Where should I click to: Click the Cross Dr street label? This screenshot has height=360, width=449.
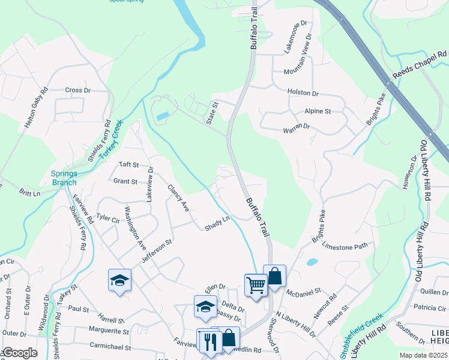coord(77,91)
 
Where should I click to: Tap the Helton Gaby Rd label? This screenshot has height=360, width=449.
coord(36,109)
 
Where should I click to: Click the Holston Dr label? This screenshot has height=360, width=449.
coord(303,94)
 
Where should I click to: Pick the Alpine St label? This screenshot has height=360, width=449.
coord(318,112)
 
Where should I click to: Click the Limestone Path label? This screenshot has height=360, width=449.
coord(345,246)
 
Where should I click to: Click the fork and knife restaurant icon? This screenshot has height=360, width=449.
coord(208,341)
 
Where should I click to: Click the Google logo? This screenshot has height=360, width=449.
coord(19,353)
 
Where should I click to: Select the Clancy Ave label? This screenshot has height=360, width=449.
coord(178,197)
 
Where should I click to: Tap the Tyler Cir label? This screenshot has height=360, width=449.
coord(108,218)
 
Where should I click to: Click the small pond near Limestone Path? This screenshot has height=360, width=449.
coord(312,262)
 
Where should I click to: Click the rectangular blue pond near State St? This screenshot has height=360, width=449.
coord(162,116)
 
